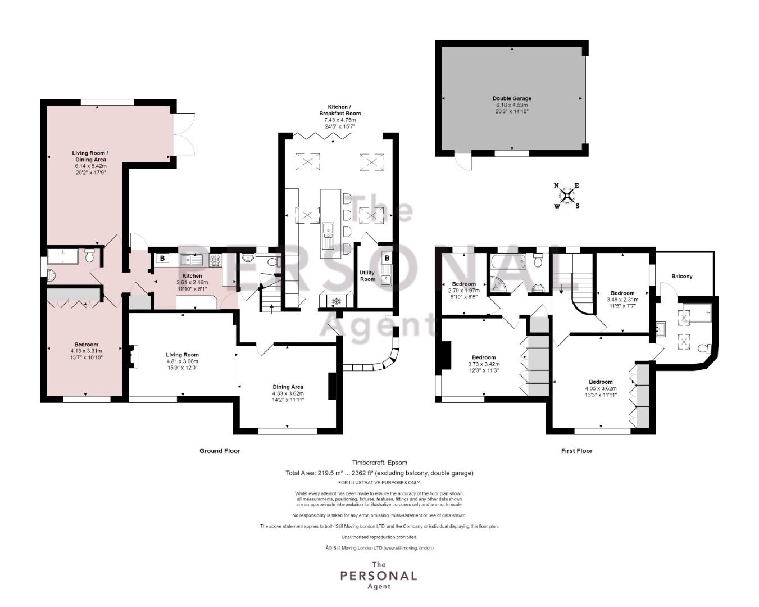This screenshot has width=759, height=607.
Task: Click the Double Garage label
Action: pyautogui.click(x=511, y=98)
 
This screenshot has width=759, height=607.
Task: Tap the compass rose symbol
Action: pyautogui.click(x=567, y=196)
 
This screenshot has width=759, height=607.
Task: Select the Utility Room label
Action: pyautogui.click(x=367, y=275)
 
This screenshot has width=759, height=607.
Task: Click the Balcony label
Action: pyautogui.click(x=682, y=277)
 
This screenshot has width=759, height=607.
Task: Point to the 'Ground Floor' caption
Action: pyautogui.click(x=220, y=451)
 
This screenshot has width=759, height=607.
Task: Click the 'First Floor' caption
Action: pyautogui.click(x=576, y=451)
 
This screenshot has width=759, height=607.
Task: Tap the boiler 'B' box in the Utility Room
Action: pyautogui.click(x=387, y=258)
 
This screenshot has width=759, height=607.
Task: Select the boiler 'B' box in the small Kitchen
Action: pyautogui.click(x=162, y=259)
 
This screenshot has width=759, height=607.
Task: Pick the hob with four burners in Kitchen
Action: pyautogui.click(x=216, y=260)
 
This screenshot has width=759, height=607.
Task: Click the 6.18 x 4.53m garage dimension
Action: pyautogui.click(x=511, y=105)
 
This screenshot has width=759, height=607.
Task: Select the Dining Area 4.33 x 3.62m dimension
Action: pyautogui.click(x=288, y=393)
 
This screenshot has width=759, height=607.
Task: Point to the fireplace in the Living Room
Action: pyautogui.click(x=133, y=356)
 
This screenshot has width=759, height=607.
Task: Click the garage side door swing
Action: pyautogui.click(x=463, y=162)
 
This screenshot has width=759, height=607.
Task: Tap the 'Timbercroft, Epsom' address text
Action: pyautogui.click(x=380, y=463)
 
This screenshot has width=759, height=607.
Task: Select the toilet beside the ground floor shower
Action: pyautogui.click(x=89, y=256)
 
